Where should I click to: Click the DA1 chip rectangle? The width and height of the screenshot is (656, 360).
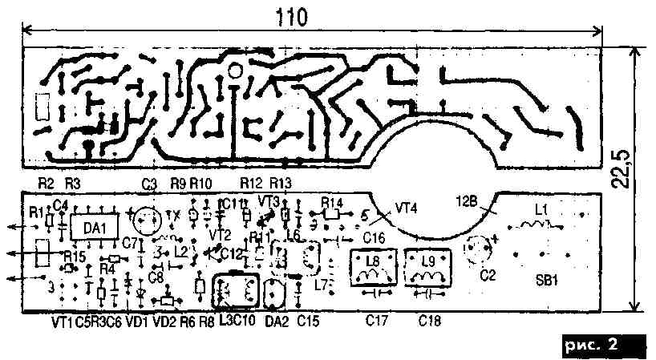point(95,227)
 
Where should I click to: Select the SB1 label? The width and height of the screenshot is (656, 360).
point(547,281)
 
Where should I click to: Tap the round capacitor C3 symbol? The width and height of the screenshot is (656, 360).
point(147,220)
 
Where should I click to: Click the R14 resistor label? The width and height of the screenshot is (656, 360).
point(332,203)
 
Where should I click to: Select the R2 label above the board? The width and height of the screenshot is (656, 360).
point(46,184)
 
